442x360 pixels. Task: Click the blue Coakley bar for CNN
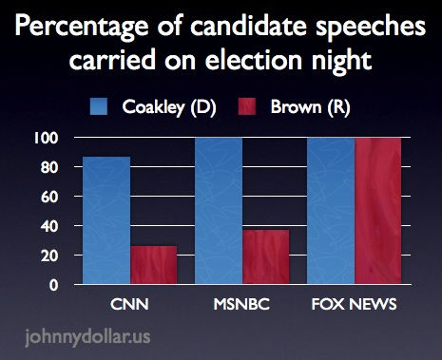[106, 220]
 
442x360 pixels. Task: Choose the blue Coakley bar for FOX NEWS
[330, 211]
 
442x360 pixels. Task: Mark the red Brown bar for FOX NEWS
[378, 211]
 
